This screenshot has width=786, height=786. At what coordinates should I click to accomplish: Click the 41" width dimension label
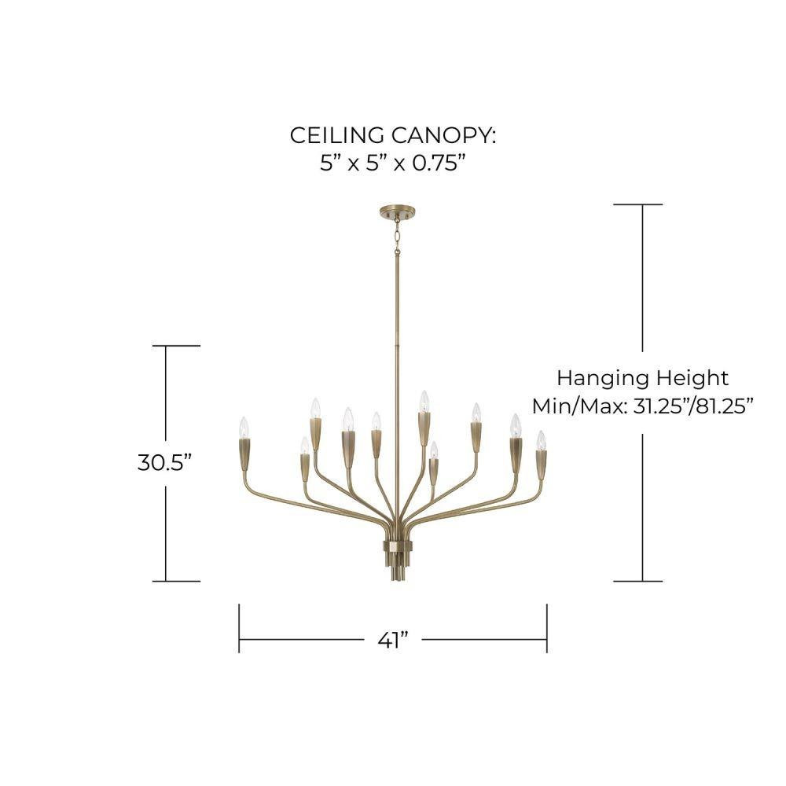click(x=393, y=640)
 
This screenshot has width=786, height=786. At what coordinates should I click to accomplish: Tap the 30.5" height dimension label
click(x=165, y=462)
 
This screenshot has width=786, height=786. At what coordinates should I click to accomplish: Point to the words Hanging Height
click(x=643, y=379)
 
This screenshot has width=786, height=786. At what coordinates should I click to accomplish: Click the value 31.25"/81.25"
click(x=694, y=406)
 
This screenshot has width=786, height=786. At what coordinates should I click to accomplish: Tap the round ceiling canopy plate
click(x=398, y=212)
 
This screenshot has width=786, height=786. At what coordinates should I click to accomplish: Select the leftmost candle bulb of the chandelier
click(x=244, y=428)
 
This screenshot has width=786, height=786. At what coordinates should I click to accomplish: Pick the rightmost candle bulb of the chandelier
click(x=541, y=441)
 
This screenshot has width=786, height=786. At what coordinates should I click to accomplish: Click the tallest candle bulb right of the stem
click(x=424, y=401)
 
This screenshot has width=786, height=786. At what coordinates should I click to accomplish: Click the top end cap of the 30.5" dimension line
click(x=176, y=345)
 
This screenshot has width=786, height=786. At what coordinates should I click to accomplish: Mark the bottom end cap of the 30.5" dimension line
click(x=176, y=582)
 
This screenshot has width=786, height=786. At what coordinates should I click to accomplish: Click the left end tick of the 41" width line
click(x=239, y=628)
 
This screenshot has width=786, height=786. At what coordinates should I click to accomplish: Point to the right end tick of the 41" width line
click(x=547, y=628)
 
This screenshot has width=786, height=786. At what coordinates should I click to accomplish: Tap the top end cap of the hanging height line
click(x=638, y=204)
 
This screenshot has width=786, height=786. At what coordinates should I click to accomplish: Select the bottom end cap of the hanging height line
click(x=638, y=582)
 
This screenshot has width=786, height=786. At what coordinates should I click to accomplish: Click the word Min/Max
click(x=579, y=406)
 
